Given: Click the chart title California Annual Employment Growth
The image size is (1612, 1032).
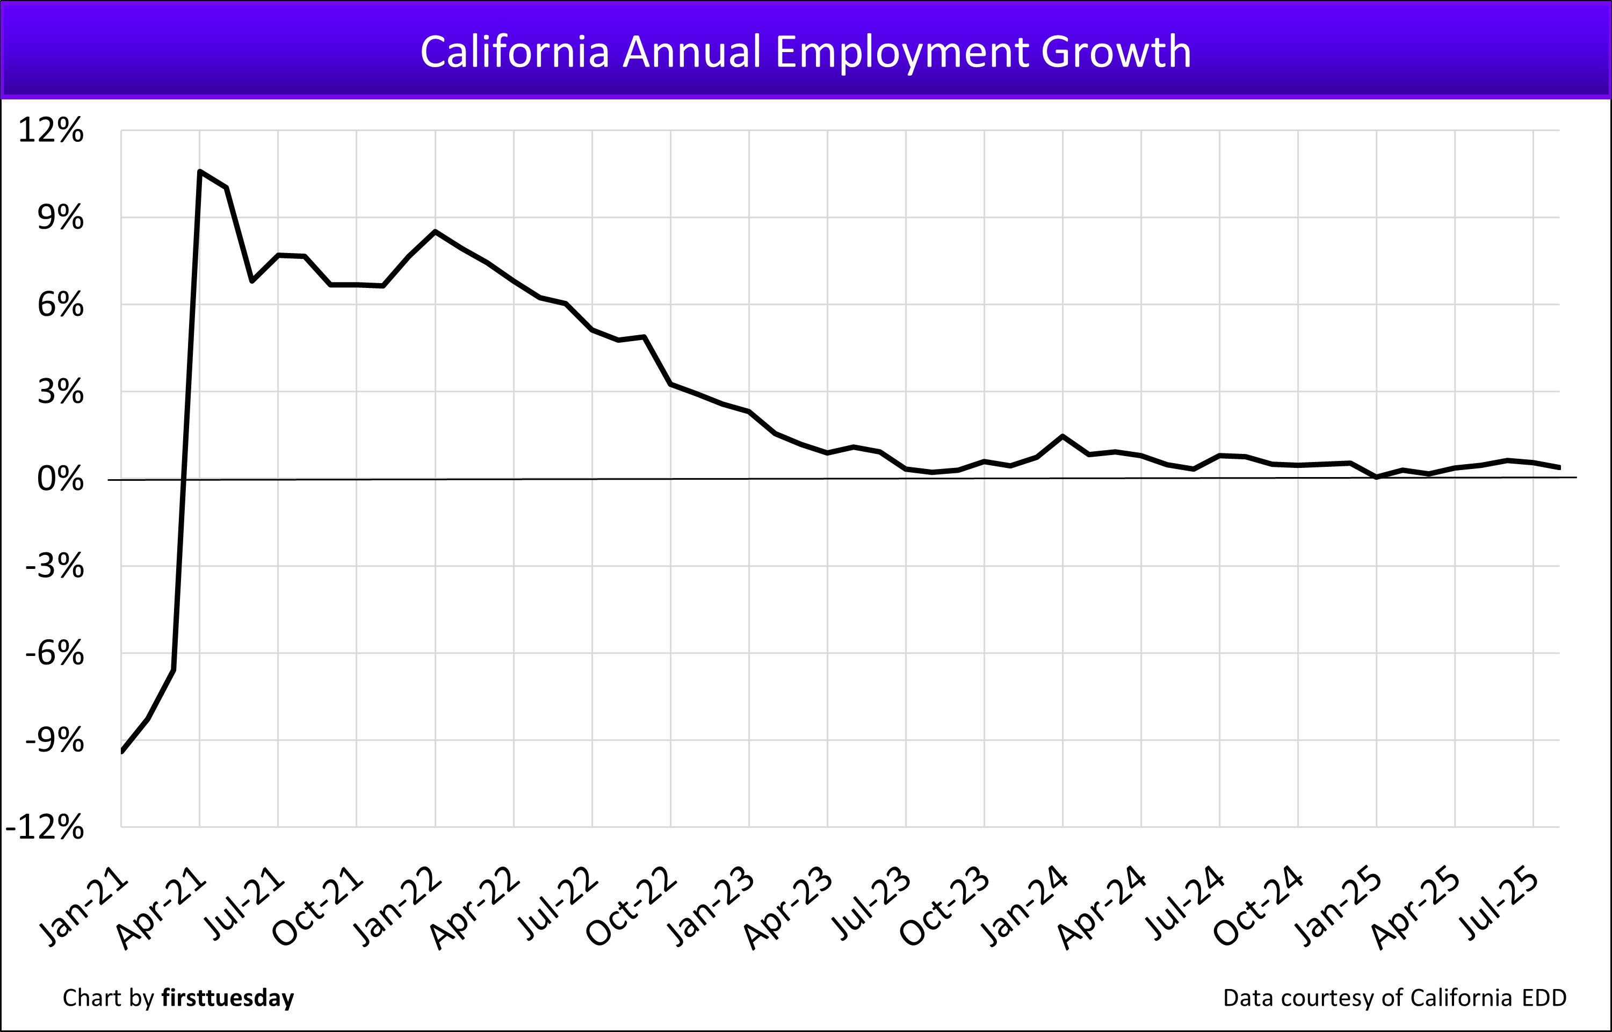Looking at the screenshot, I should [805, 52].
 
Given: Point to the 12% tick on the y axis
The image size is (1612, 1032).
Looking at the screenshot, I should [51, 130].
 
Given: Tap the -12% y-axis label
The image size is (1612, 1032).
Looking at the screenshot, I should [45, 827].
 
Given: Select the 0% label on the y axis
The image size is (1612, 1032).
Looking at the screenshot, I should [60, 479].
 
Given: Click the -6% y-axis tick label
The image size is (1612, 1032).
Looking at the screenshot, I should [55, 653].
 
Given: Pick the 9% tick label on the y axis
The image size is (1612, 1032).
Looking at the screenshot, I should [60, 217].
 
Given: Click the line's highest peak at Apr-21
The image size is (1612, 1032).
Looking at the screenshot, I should [200, 171].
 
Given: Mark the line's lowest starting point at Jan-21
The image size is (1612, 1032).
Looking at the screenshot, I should [122, 751].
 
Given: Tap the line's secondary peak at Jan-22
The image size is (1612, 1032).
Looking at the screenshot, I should [436, 232].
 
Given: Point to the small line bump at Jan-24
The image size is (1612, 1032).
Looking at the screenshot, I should [1062, 436].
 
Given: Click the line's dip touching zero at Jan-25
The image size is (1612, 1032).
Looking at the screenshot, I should [1376, 477].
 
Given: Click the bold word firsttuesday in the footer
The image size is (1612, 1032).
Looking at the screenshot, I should [227, 998].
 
